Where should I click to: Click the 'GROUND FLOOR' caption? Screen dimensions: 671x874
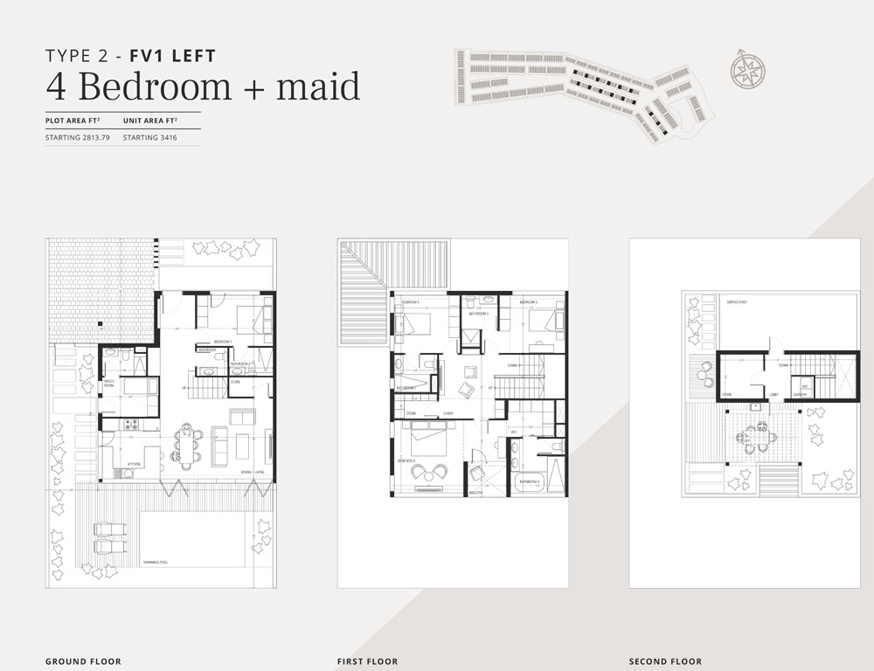pyautogui.click(x=83, y=661)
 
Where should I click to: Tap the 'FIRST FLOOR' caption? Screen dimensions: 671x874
pyautogui.click(x=367, y=661)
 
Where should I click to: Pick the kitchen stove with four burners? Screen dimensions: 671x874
pyautogui.click(x=133, y=425)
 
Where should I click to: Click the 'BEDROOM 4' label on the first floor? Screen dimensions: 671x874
pyautogui.click(x=406, y=460)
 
